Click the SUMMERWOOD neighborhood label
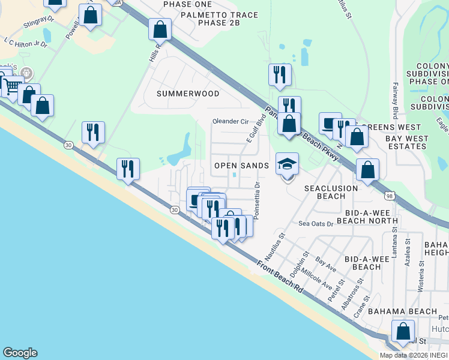point(188,94)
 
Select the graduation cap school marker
point(288,163)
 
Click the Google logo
point(20,353)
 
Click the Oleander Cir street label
point(231,121)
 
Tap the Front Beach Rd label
point(280,276)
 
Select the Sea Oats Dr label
point(316,224)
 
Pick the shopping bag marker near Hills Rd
point(160,29)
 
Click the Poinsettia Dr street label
point(258,200)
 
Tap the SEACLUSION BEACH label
point(331,192)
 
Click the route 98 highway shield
point(390,196)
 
